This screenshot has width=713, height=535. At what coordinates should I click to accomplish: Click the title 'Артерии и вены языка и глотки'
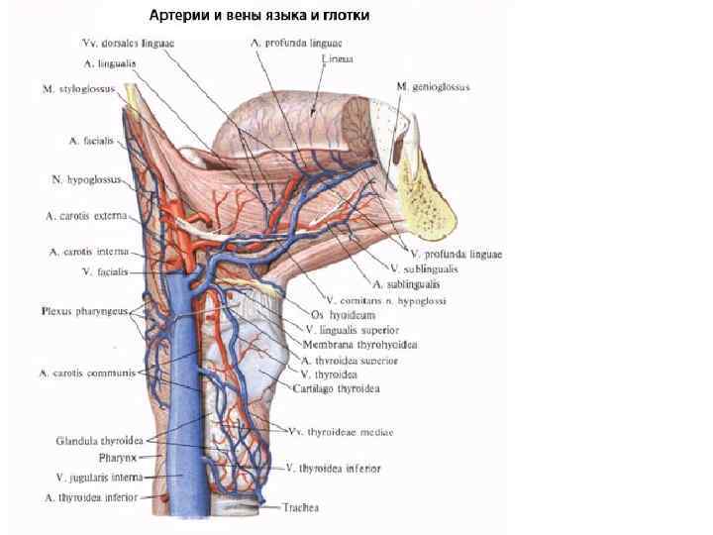pyautogui.click(x=258, y=16)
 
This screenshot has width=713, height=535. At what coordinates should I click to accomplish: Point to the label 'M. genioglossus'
pyautogui.click(x=433, y=87)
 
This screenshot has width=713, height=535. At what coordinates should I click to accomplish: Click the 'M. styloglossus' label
pyautogui.click(x=77, y=89)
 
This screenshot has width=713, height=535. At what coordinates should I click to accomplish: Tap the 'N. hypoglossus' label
pyautogui.click(x=85, y=180)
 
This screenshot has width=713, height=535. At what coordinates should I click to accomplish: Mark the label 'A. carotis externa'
pyautogui.click(x=86, y=215)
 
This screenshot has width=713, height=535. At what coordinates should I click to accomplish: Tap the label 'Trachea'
pyautogui.click(x=298, y=507)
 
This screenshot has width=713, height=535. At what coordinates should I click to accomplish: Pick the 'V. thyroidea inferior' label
pyautogui.click(x=332, y=467)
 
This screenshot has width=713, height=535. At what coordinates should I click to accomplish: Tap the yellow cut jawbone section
pyautogui.click(x=432, y=198)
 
